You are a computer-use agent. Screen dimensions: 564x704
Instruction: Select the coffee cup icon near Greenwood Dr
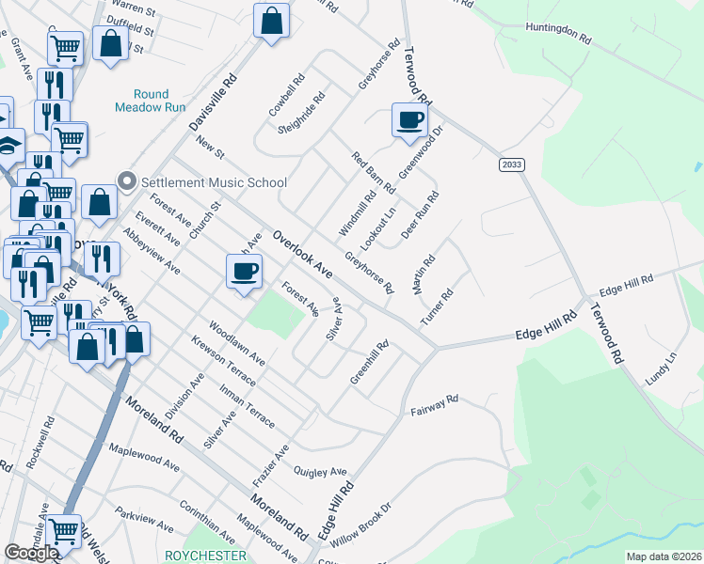click(x=409, y=121)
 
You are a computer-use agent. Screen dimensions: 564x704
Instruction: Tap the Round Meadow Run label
click(x=142, y=101)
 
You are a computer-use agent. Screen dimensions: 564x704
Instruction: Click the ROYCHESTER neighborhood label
click(x=205, y=556)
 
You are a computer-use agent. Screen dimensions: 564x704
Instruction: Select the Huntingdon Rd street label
click(x=558, y=34)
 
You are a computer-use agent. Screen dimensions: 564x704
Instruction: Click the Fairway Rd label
click(x=434, y=405)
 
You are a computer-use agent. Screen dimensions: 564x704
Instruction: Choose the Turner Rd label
click(x=438, y=307)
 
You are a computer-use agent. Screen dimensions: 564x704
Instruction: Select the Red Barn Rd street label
click(x=374, y=173)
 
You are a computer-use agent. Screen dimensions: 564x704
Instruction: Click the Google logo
click(x=30, y=553)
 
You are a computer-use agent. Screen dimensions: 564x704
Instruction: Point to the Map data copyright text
click(x=663, y=556)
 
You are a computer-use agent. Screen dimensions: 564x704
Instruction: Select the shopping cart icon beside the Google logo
click(x=64, y=531)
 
